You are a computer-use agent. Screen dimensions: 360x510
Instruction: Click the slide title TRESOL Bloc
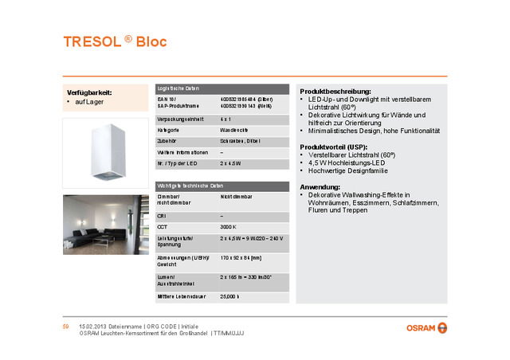tap(115, 41)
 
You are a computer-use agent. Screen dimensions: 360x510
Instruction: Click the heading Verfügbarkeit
tap(88, 92)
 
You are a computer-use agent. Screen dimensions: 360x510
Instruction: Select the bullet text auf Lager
tap(90, 103)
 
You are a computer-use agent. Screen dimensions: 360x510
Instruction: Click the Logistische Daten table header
tap(178, 88)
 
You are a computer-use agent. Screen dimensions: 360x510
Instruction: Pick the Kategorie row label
tap(168, 129)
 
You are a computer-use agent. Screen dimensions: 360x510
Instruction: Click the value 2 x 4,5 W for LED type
tap(232, 162)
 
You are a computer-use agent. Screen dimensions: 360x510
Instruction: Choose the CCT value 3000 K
tap(230, 226)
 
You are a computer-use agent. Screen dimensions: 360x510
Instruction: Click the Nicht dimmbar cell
tap(237, 195)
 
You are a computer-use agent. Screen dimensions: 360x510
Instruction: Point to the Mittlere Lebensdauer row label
tap(182, 296)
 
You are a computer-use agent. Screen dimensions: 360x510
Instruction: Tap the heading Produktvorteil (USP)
tap(333, 147)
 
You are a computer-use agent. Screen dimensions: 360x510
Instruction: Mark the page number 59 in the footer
tap(67, 327)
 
